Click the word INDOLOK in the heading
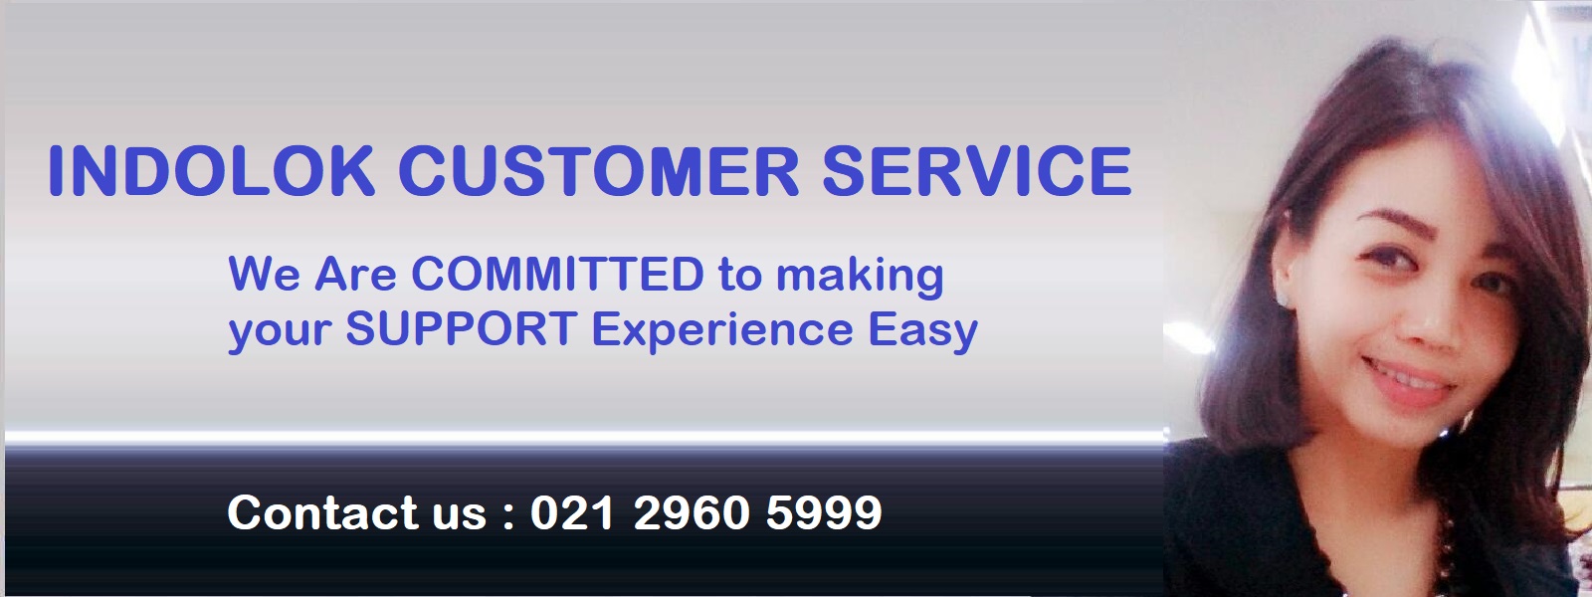coord(211,170)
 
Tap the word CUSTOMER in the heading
coord(598,170)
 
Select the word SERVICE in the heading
coord(976,170)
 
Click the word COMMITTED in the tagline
coord(558,274)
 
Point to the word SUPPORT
coord(461,329)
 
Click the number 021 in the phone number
coord(572,512)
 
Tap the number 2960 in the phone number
coord(691,512)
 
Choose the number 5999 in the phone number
coord(825,512)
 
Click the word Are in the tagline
coord(355,274)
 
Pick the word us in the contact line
coord(459,516)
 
